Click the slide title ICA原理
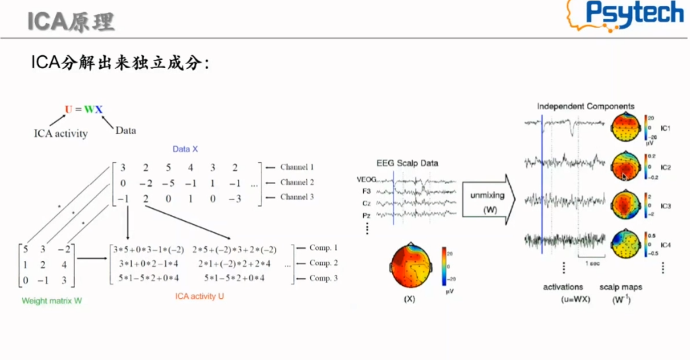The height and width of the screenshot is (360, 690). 71,22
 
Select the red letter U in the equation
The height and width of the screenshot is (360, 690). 68,109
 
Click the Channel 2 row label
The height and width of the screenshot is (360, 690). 297,182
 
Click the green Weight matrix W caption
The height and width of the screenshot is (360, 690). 53,300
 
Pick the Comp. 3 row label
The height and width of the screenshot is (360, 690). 323,278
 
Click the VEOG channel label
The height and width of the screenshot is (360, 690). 367,179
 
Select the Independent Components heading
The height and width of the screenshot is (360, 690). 585,107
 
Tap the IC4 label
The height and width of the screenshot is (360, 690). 665,243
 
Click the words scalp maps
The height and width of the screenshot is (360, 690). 621,287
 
